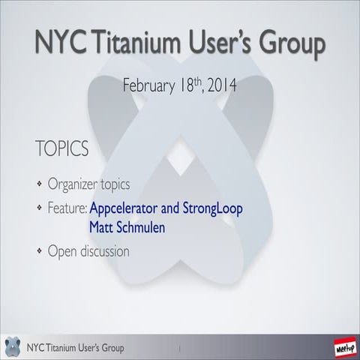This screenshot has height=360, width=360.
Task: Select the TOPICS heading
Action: [61, 148]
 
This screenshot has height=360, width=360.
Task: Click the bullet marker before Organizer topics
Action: [40, 184]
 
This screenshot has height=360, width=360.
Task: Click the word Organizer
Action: [73, 184]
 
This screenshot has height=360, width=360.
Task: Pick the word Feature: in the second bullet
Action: [68, 208]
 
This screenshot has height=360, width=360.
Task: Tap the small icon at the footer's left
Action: [12, 347]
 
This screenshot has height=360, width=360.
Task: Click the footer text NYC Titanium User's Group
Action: [75, 348]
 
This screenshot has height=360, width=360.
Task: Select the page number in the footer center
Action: [180, 349]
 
